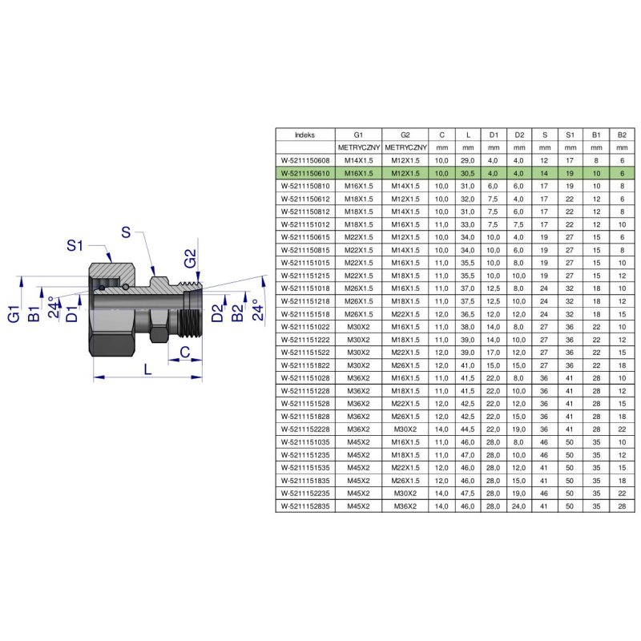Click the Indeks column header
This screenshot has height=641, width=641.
(305, 135)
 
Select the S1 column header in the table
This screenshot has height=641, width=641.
(570, 135)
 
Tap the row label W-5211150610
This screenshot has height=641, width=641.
(305, 173)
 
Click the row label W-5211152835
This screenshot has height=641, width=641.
(305, 506)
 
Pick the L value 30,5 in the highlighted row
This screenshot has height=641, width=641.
(468, 173)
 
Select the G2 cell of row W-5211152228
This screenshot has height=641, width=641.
(405, 429)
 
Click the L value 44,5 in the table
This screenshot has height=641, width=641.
(468, 429)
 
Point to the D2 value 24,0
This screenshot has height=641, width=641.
(518, 506)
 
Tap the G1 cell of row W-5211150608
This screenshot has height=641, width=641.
(358, 161)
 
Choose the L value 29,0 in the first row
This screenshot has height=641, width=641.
(468, 161)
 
